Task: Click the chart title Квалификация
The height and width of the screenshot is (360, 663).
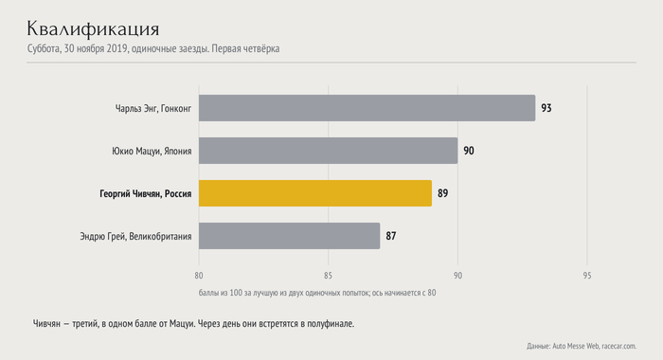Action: click(93, 28)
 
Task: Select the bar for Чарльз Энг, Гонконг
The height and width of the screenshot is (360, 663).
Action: click(367, 108)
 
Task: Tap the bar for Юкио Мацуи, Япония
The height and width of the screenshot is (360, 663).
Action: click(328, 151)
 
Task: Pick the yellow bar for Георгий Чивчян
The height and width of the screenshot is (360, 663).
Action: click(315, 193)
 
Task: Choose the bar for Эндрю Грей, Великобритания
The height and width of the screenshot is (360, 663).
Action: click(289, 236)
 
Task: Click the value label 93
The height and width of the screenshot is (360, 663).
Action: click(547, 108)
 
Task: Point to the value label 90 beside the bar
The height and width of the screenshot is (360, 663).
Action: click(469, 151)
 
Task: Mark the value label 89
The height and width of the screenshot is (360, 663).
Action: click(442, 194)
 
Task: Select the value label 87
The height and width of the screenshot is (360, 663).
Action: click(390, 236)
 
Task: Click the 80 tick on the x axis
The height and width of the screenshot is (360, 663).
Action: click(199, 276)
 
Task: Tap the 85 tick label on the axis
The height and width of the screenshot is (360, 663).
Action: click(328, 276)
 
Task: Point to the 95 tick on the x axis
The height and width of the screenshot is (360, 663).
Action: click(587, 276)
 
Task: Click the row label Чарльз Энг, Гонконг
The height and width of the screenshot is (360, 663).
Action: click(153, 109)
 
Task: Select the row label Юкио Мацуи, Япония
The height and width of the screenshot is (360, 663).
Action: click(152, 151)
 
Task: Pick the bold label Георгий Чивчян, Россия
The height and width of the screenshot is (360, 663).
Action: click(146, 194)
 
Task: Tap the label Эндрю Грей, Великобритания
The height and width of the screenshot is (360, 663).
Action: click(135, 237)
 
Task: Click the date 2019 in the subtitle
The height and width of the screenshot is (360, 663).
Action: click(117, 48)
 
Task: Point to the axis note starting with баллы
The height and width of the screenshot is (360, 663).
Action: click(317, 293)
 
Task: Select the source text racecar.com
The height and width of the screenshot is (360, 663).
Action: click(619, 346)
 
